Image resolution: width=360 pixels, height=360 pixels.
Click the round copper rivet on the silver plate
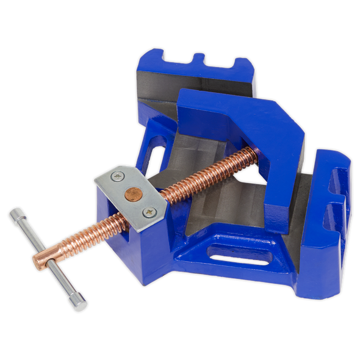tap(131, 193)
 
